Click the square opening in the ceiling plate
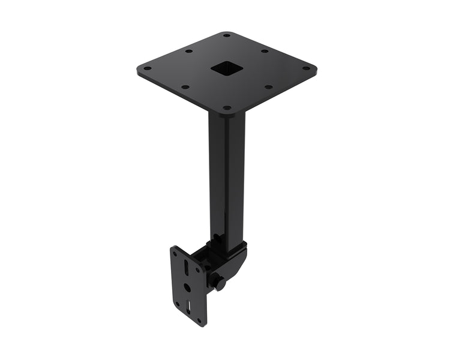(x=227, y=70)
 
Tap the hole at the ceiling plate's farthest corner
(x=226, y=35)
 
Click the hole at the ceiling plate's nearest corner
(x=227, y=108)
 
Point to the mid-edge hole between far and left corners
(x=188, y=51)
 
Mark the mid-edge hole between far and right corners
(x=264, y=51)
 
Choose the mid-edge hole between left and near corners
(x=185, y=87)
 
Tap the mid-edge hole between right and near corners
(x=268, y=87)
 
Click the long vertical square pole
(x=227, y=174)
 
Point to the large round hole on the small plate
(x=187, y=287)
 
